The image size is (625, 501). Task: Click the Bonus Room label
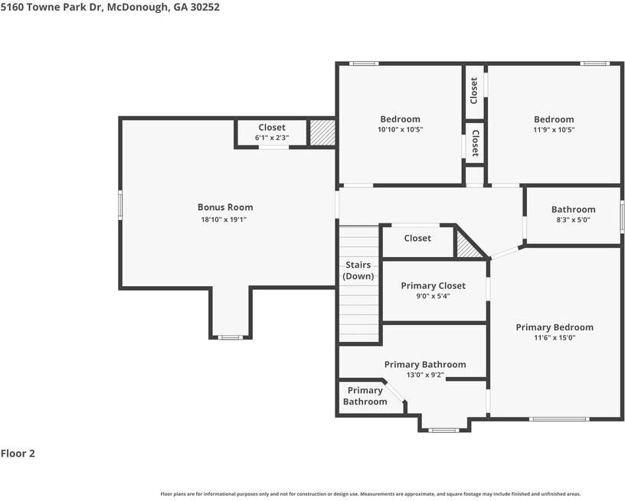pos(225,207)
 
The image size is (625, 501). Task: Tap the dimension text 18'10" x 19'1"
pos(224,220)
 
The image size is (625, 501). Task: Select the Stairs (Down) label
pos(358,271)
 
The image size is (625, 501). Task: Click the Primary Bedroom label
pos(555,327)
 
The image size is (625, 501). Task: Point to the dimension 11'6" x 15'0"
pos(555,338)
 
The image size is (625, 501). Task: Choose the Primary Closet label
pos(433,286)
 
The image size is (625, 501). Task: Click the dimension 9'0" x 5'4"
pos(433,296)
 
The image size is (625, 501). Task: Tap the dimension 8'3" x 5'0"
pos(573,220)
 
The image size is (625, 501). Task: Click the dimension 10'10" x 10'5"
pos(400,129)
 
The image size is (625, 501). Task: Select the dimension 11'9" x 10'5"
pos(554,129)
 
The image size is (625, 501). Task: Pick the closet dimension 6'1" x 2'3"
pos(272,138)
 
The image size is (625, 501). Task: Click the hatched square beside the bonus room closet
pos(322,132)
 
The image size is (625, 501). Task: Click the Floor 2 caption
pos(18,454)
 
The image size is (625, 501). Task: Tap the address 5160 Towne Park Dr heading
pos(52,7)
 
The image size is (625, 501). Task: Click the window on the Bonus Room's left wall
pos(120,205)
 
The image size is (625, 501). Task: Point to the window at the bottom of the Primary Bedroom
pos(559,418)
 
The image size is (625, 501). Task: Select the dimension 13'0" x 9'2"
pos(425,375)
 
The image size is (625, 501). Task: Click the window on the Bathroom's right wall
pos(622,216)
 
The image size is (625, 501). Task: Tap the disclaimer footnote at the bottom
pos(371,494)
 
